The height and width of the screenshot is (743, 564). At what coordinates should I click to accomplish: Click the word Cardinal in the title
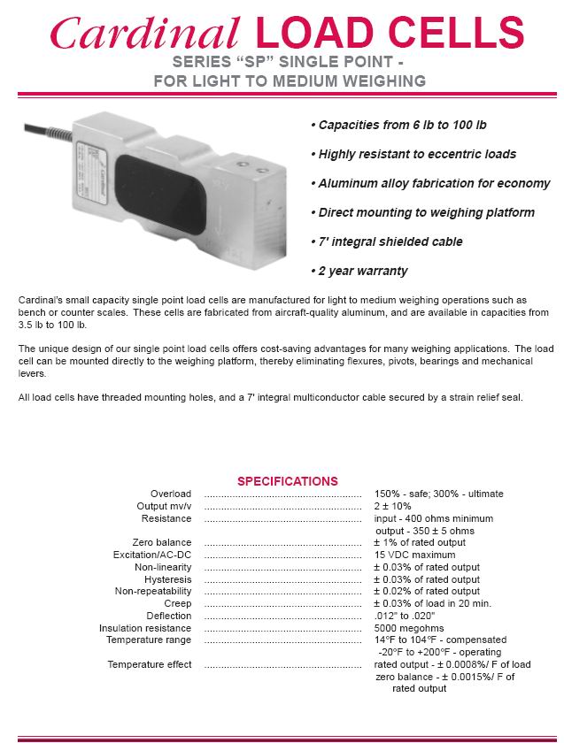click(144, 34)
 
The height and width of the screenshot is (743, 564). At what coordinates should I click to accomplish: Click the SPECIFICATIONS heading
click(287, 481)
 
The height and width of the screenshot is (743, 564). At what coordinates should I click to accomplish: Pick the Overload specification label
click(170, 494)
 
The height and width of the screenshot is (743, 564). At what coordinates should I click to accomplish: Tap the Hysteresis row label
click(167, 579)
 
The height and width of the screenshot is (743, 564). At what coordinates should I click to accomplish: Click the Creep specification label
click(178, 603)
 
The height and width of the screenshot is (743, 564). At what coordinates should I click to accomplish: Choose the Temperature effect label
click(149, 664)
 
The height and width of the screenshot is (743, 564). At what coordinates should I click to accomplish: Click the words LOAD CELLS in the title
click(390, 34)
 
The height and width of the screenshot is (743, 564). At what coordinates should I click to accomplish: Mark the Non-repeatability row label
click(152, 591)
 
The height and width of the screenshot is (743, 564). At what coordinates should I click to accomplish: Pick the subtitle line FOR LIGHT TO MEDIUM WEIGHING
click(290, 80)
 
